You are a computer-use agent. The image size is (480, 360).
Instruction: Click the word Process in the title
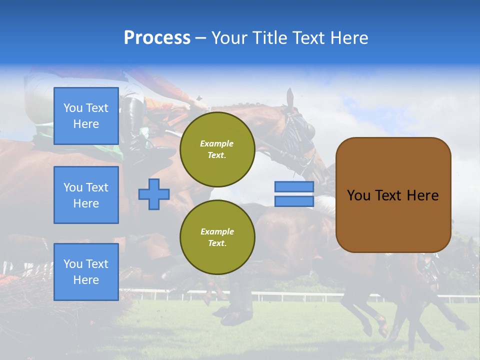(x=157, y=38)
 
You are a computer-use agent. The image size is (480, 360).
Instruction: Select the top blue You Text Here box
(x=86, y=116)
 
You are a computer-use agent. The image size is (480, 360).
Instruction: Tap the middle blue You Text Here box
(x=86, y=195)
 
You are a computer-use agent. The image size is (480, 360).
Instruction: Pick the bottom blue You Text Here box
(x=86, y=272)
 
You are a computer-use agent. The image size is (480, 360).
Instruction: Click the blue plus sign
(x=153, y=194)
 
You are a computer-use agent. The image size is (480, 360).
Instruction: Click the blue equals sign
(x=294, y=194)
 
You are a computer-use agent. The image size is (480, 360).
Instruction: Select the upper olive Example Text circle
(x=217, y=149)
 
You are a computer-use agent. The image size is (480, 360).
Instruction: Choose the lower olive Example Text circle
(x=217, y=237)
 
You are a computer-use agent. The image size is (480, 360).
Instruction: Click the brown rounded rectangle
(x=393, y=220)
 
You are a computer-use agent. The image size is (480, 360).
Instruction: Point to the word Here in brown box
(x=422, y=195)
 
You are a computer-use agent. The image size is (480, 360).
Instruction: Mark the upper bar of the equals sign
(x=294, y=187)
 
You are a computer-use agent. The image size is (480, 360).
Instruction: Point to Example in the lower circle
(x=217, y=231)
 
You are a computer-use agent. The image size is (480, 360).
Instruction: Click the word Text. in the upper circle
(x=217, y=155)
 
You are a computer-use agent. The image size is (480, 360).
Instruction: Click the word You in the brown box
(x=358, y=195)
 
